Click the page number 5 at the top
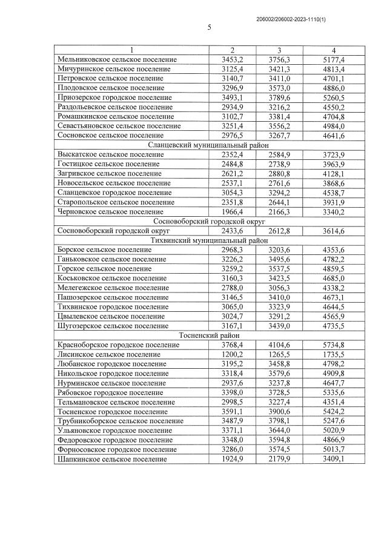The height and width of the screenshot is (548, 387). [209, 27]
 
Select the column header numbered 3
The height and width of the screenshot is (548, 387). [279, 50]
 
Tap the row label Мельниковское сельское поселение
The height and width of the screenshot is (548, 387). [117, 59]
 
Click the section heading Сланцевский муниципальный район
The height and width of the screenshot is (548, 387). [210, 145]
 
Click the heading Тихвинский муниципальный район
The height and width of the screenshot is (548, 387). [210, 240]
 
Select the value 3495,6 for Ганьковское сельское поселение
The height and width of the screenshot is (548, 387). [279, 259]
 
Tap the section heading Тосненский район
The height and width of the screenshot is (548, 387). [210, 335]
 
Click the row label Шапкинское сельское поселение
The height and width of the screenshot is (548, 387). [112, 459]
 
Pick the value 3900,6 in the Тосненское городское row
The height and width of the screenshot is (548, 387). [279, 411]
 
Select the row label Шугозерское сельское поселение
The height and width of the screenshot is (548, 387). [113, 326]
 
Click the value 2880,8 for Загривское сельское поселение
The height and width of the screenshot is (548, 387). [279, 174]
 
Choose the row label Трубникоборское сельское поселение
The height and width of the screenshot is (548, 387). [120, 421]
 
